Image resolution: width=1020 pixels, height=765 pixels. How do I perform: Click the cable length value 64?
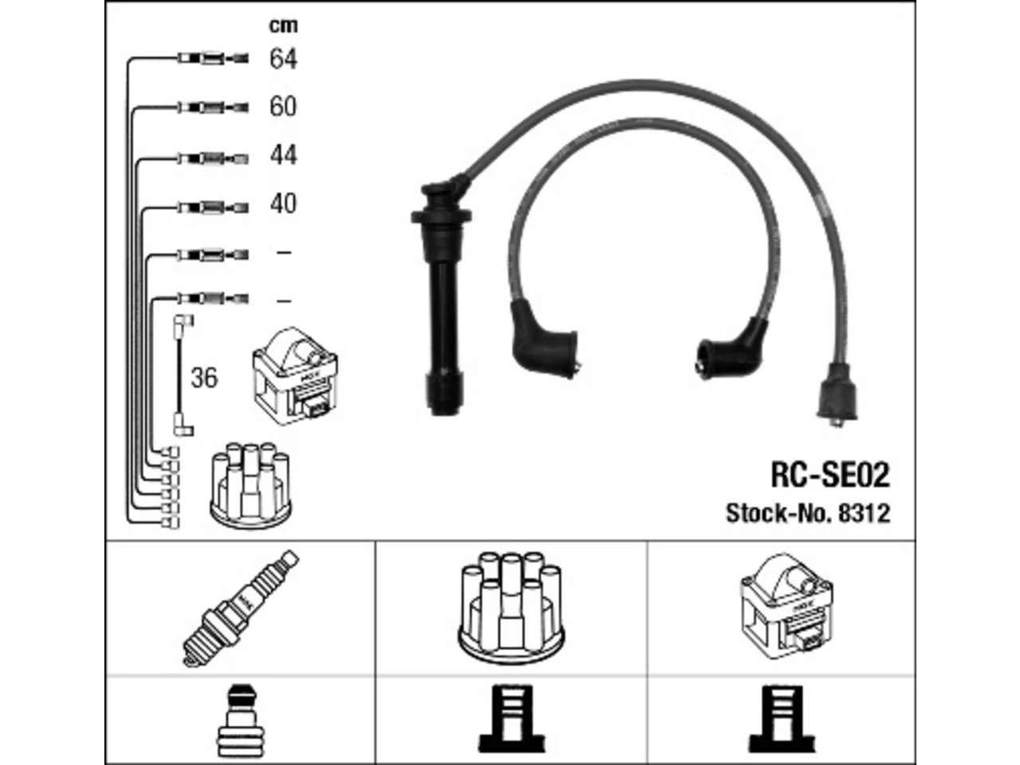[x=283, y=58]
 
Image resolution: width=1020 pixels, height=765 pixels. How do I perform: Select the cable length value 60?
[x=283, y=106]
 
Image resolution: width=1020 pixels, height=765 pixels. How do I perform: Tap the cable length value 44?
[x=283, y=155]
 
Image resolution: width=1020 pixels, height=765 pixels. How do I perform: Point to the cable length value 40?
[x=283, y=203]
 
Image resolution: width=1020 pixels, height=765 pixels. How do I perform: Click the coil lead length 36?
[x=204, y=378]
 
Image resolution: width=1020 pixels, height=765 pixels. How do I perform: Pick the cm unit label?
[x=284, y=25]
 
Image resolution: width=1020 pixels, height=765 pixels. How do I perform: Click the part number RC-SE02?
[x=830, y=475]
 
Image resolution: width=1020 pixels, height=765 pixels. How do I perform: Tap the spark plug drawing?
[x=241, y=609]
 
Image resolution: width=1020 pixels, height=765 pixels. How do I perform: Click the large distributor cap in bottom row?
[x=511, y=609]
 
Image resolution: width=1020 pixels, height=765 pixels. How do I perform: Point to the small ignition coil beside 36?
[x=295, y=376]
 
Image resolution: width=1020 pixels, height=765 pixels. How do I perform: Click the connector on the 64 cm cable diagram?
[x=214, y=58]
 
